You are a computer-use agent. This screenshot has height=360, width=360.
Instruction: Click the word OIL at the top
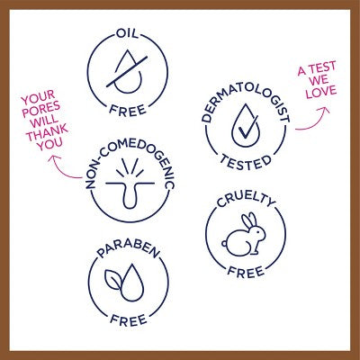(128, 33)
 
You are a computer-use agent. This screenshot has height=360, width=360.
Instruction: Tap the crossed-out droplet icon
(127, 71)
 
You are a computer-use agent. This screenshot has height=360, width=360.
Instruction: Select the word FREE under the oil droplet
(128, 110)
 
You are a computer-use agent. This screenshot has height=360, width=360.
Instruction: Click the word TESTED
(246, 163)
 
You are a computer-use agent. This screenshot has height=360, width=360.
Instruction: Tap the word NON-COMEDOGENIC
(130, 164)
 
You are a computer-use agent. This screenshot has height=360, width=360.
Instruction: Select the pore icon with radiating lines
(130, 184)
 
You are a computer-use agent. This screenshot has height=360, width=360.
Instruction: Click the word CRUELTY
(246, 201)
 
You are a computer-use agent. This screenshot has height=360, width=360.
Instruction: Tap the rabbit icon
(244, 234)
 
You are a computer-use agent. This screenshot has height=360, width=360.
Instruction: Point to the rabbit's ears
(249, 220)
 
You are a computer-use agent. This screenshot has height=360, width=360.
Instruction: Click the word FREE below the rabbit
(246, 272)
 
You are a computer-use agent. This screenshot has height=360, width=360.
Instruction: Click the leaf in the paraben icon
(113, 279)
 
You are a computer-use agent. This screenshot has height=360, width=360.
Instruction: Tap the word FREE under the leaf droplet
(129, 319)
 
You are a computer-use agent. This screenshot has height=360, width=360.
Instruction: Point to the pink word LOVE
(321, 92)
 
